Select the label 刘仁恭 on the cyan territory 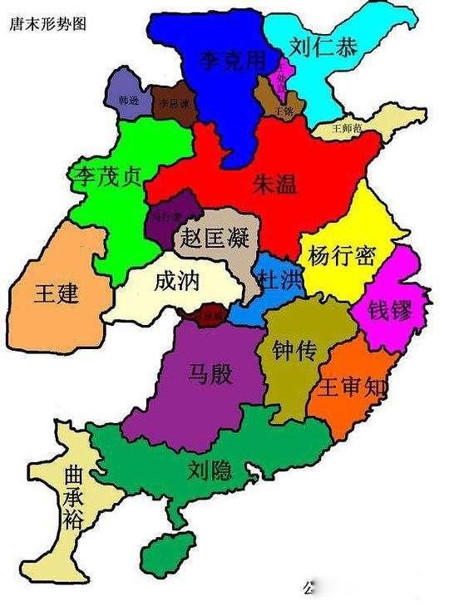(324, 47)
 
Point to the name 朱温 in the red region (274, 185)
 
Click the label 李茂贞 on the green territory (106, 176)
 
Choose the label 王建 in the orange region (57, 293)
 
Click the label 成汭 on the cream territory (177, 282)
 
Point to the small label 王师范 (346, 130)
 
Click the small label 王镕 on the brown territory (283, 111)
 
